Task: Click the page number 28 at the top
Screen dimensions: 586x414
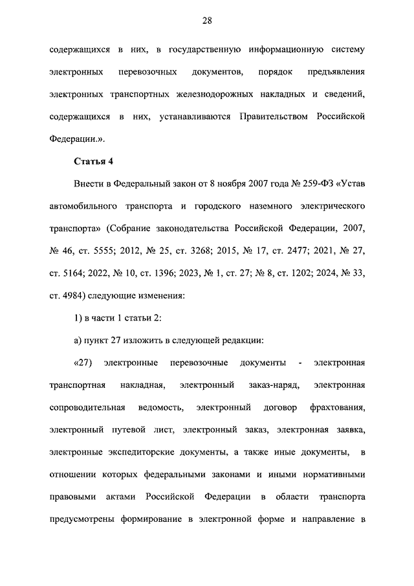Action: pyautogui.click(x=207, y=21)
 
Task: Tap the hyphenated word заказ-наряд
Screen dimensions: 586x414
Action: pyautogui.click(x=272, y=385)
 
